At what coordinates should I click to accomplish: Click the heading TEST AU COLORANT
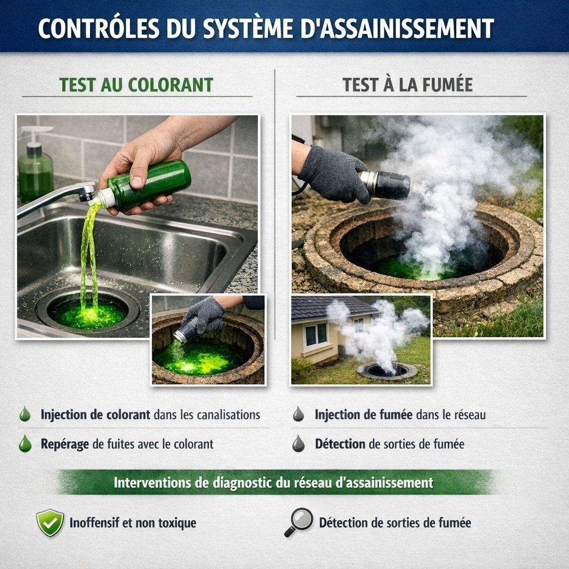[x=136, y=85]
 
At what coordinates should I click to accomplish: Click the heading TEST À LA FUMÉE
[x=407, y=85]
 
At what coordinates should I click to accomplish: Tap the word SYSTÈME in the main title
[x=248, y=28]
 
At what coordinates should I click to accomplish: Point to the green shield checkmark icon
[x=50, y=522]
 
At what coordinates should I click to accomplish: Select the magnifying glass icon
[x=298, y=522]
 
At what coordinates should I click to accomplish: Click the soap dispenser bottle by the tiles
[x=35, y=164]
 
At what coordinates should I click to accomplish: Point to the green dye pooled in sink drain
[x=88, y=315]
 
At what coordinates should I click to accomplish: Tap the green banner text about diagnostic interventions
[x=273, y=483]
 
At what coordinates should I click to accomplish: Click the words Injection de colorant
[x=95, y=415]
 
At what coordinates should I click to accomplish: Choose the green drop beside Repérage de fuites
[x=25, y=443]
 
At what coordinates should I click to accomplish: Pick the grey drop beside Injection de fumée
[x=298, y=414]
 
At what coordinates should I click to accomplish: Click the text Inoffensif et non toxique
[x=133, y=523]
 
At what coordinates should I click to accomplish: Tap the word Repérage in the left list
[x=64, y=444]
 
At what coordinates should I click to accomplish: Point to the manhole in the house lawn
[x=387, y=371]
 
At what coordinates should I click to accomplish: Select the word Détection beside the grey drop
[x=340, y=444]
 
